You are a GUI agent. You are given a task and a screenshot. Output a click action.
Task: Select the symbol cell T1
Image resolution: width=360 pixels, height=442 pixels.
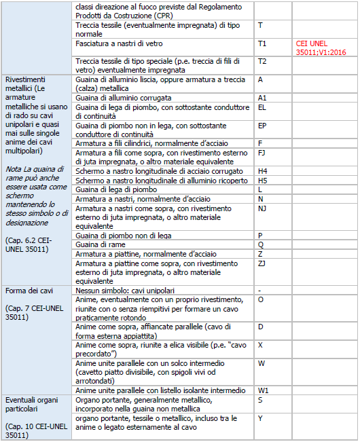[262, 43]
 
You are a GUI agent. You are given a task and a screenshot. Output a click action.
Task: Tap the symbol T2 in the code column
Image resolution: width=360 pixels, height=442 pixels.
[262, 62]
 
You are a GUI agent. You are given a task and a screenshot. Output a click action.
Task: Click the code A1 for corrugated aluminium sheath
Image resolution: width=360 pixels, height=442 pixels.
[262, 98]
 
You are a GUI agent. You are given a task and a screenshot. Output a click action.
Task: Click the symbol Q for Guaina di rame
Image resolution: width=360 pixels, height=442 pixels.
[260, 244]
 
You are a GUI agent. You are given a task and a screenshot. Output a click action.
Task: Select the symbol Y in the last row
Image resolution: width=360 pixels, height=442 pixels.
[260, 418]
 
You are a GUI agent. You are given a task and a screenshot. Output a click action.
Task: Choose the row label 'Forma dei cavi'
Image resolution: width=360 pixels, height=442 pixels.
[25, 291]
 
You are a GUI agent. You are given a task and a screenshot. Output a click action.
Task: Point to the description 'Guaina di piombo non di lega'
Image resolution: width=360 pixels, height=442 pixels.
[121, 236]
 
